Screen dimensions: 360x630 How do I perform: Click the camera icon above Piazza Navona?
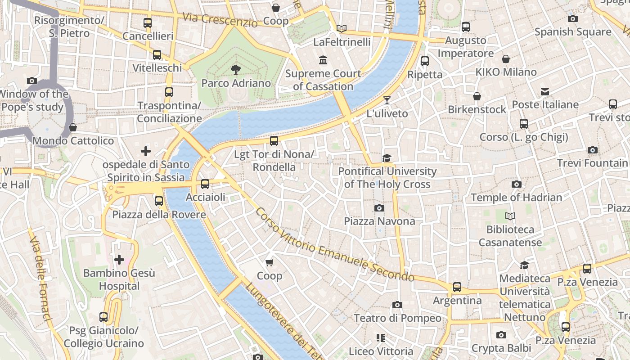click(379, 208)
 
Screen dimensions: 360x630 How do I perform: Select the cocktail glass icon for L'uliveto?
click(387, 100)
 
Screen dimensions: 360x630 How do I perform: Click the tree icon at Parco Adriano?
click(235, 69)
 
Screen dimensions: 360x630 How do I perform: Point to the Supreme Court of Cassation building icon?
click(323, 60)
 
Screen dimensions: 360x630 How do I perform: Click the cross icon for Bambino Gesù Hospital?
click(119, 260)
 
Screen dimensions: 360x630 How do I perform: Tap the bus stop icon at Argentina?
click(457, 287)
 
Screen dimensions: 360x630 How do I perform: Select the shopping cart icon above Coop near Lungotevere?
click(269, 262)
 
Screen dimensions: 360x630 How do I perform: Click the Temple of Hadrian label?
click(516, 198)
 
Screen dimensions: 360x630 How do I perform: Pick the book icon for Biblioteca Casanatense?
click(510, 216)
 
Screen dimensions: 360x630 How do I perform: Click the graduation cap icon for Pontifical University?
click(387, 158)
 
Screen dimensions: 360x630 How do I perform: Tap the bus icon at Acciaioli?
click(205, 184)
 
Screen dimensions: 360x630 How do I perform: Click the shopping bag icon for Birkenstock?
click(477, 96)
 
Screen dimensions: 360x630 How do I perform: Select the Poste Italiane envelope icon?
click(545, 92)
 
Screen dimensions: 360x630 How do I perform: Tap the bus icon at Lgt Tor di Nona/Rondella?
click(274, 141)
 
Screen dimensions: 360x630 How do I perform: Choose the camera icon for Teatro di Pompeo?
click(397, 305)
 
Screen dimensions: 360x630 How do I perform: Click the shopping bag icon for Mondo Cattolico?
click(73, 127)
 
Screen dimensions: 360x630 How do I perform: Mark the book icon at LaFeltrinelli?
click(342, 29)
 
